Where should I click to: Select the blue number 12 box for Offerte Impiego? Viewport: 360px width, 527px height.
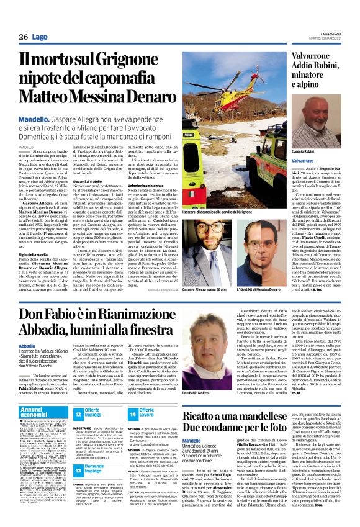79,413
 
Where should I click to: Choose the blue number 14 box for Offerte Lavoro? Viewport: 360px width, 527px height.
133,413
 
